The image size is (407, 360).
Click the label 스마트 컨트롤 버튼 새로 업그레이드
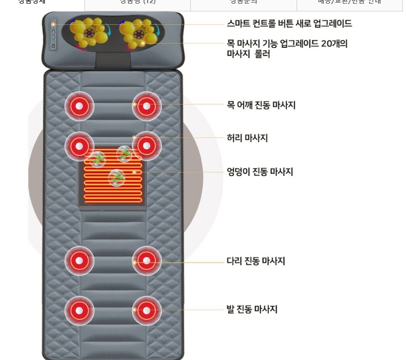click(289, 24)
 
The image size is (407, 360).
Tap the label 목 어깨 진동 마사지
click(261, 105)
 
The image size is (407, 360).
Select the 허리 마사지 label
click(247, 138)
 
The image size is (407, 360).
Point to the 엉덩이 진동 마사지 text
click(260, 172)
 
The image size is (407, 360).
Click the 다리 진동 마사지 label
click(256, 261)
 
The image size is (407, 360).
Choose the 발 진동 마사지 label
click(251, 310)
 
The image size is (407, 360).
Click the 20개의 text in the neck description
click(334, 44)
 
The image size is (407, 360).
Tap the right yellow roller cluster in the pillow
click(139, 33)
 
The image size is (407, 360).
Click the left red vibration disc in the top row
click(79, 106)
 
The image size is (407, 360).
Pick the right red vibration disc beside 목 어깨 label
click(147, 106)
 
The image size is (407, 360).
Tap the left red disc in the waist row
click(79, 146)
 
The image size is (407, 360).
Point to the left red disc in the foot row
click(79, 311)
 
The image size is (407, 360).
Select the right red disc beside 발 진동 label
click(147, 311)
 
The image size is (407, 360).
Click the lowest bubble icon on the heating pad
click(117, 178)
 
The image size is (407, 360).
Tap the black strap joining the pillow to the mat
click(113, 60)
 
